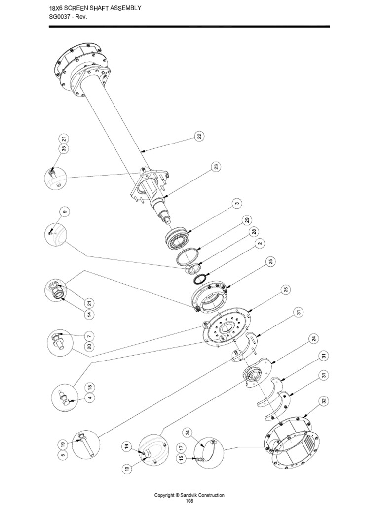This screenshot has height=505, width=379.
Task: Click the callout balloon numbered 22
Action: coord(200,136)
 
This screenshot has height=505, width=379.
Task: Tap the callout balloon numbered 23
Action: coord(216,167)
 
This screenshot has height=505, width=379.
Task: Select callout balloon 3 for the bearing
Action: coord(237,204)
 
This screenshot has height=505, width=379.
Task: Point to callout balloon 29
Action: coord(247,220)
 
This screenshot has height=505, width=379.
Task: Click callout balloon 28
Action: coord(254,232)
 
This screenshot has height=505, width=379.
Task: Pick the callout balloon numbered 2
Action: coord(260,243)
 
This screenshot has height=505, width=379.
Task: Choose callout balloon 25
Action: coord(271,261)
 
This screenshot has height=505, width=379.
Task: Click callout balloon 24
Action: coord(313,339)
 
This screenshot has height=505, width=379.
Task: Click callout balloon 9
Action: coord(65,212)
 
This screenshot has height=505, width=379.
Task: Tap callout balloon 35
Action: coord(64,148)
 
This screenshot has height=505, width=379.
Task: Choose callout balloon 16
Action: coord(127,446)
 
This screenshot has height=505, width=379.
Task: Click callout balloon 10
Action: coord(127,468)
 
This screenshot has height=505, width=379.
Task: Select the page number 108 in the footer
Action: coord(189,501)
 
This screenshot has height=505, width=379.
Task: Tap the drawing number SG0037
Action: coord(60,17)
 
